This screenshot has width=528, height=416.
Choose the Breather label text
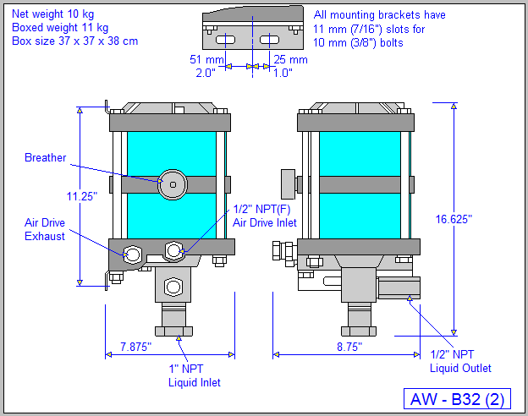[x=46, y=158]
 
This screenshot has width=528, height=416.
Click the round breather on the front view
[x=173, y=183]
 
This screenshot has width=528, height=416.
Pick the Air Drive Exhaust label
[x=44, y=230]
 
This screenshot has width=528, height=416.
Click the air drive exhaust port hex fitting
[x=133, y=253]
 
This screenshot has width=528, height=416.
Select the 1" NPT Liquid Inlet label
[x=194, y=375]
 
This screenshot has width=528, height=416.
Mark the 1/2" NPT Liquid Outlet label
[x=459, y=361]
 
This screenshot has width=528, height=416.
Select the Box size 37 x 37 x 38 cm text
[x=74, y=41]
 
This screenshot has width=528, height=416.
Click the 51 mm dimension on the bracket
[x=206, y=60]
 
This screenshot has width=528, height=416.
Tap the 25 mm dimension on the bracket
[x=291, y=60]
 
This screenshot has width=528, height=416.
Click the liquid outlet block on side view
[x=399, y=289]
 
